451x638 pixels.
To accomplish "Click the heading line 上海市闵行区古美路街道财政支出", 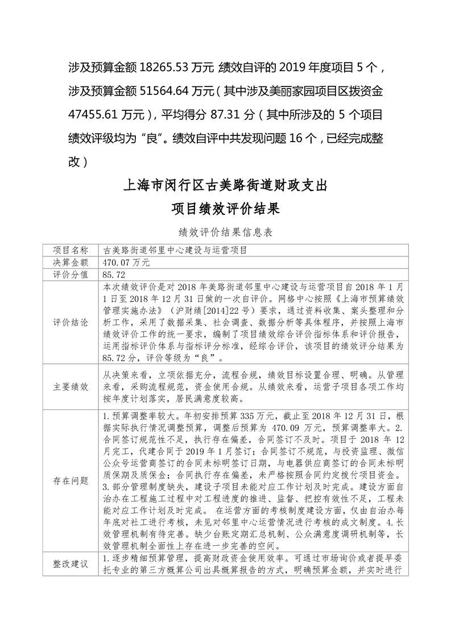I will tap(225, 186).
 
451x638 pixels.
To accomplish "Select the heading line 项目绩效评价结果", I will tap(225, 209).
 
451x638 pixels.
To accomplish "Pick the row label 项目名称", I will tap(71, 250).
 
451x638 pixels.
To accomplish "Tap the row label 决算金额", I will tap(71, 263).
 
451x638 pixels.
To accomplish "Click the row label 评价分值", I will tap(71, 275).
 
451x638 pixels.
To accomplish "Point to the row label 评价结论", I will tap(71, 322).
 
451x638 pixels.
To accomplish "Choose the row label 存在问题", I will tap(71, 481).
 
